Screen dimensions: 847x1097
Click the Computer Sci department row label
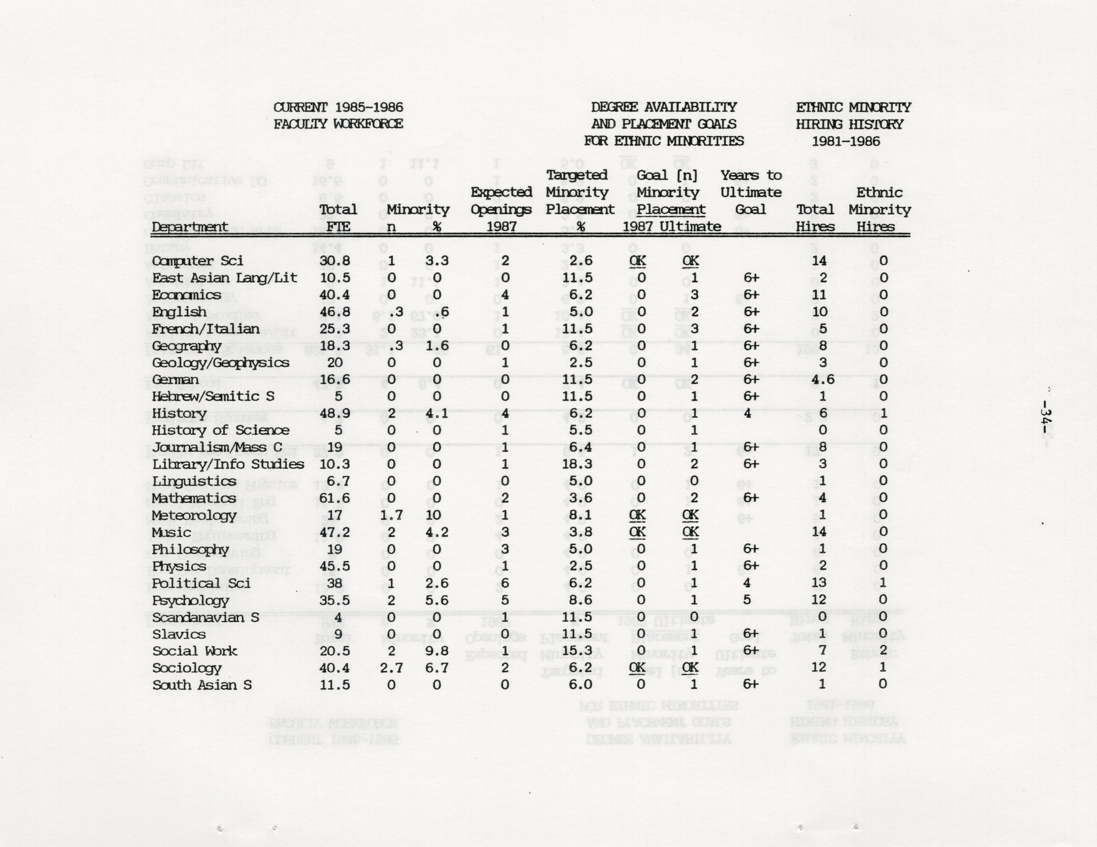(x=197, y=261)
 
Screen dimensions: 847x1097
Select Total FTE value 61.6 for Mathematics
(x=335, y=498)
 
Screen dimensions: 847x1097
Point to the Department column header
(x=190, y=227)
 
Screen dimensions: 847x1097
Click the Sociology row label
(x=187, y=668)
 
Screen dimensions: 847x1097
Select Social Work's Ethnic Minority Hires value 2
(x=883, y=651)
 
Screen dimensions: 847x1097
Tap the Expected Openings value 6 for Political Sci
(x=505, y=583)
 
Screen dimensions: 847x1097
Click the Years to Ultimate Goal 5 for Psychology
(x=747, y=600)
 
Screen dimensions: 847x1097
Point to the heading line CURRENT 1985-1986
(x=338, y=107)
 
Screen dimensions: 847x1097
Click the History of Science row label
(x=220, y=430)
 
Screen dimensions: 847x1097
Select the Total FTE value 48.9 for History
(x=335, y=414)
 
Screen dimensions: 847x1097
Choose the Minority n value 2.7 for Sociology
(x=391, y=668)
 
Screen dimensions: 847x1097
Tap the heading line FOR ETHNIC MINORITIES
(x=663, y=141)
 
